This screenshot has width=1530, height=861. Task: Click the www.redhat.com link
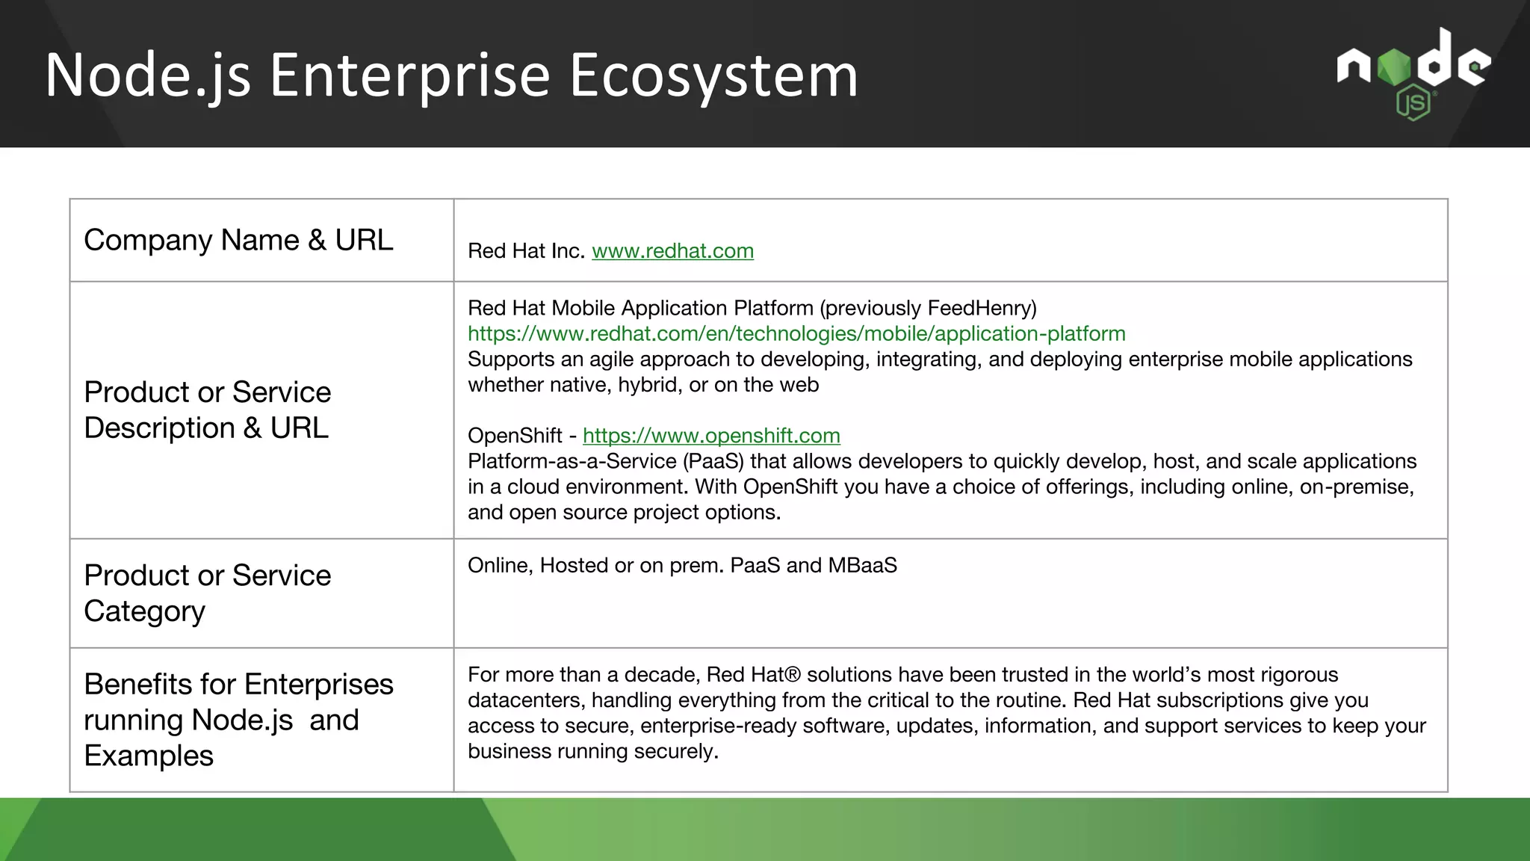[x=672, y=251]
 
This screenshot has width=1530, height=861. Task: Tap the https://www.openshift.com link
[x=711, y=436]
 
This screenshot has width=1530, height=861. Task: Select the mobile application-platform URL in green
[x=796, y=334]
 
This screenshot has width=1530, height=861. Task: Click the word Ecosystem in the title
[x=713, y=75]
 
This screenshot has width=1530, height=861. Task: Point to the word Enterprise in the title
[x=409, y=75]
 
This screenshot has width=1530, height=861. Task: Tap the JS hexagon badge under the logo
[x=1413, y=103]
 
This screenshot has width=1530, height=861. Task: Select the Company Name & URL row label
[x=238, y=241]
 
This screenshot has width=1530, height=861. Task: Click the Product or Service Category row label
[x=207, y=593]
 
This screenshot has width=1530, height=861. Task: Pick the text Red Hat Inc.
[x=526, y=251]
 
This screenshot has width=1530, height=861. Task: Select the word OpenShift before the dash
[x=515, y=436]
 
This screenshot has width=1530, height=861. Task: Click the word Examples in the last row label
[x=149, y=756]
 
